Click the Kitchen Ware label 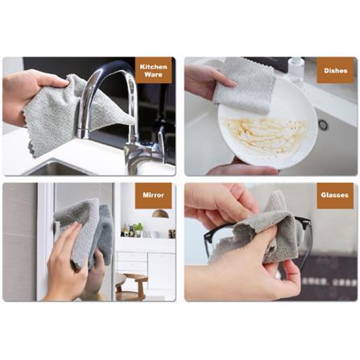(x=153, y=70)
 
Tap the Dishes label (x=336, y=71)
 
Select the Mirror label (x=153, y=196)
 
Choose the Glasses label (x=335, y=196)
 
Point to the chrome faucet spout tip (x=83, y=134)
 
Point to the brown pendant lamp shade (x=160, y=214)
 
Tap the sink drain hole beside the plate (x=322, y=125)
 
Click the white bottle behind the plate (x=296, y=69)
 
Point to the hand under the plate (x=242, y=168)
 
